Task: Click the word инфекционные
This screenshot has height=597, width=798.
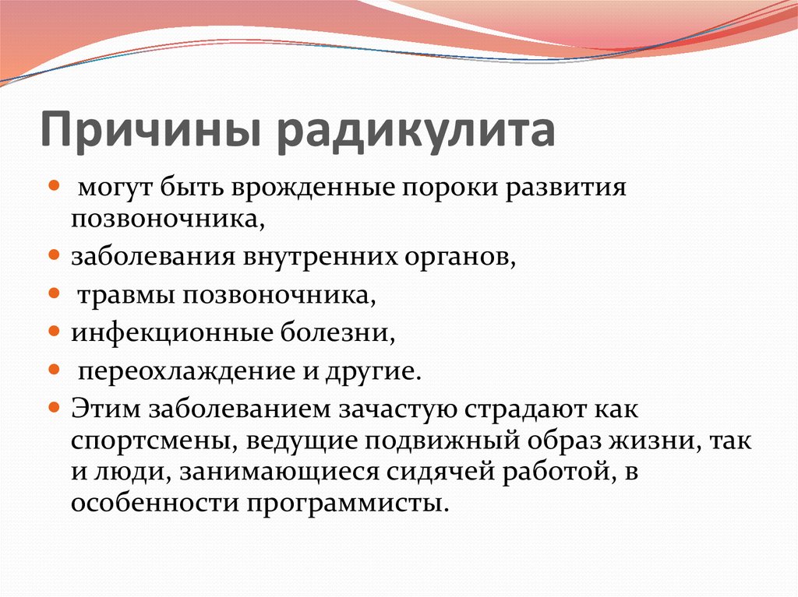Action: click(172, 334)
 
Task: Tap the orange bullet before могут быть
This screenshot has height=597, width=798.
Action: click(54, 184)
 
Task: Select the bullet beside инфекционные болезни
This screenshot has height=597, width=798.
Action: click(54, 332)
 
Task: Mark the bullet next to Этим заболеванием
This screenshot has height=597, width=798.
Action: click(54, 407)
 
